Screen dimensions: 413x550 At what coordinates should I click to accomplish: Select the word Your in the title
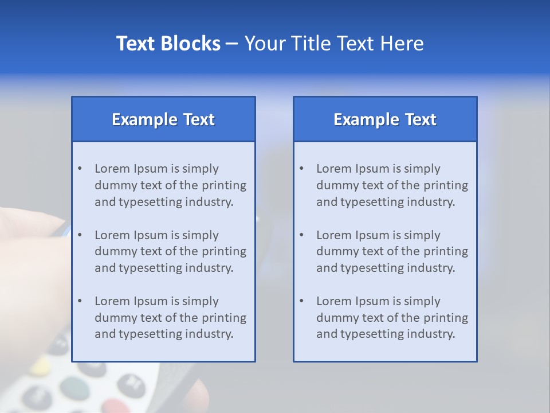pyautogui.click(x=264, y=44)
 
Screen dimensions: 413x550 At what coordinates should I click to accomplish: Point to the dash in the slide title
pyautogui.click(x=232, y=44)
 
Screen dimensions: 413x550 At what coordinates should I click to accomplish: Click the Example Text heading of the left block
pyautogui.click(x=163, y=119)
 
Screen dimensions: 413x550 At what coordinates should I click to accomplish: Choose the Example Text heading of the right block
pyautogui.click(x=385, y=119)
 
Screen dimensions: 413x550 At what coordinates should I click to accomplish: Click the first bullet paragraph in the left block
pyautogui.click(x=170, y=185)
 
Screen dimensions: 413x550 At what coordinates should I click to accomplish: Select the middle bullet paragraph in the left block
pyautogui.click(x=170, y=251)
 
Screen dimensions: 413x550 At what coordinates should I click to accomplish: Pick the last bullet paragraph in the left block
pyautogui.click(x=170, y=318)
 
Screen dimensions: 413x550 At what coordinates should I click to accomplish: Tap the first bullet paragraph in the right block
pyautogui.click(x=392, y=185)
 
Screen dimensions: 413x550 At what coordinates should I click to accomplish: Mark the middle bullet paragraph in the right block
pyautogui.click(x=392, y=251)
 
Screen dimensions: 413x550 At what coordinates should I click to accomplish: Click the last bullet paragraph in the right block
pyautogui.click(x=392, y=318)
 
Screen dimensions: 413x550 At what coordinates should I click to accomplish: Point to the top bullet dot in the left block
pyautogui.click(x=80, y=169)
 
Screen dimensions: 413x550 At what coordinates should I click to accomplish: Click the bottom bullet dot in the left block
pyautogui.click(x=80, y=301)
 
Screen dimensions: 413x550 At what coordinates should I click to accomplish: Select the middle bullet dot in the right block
pyautogui.click(x=301, y=235)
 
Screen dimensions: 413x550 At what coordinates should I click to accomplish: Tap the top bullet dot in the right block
pyautogui.click(x=301, y=169)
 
